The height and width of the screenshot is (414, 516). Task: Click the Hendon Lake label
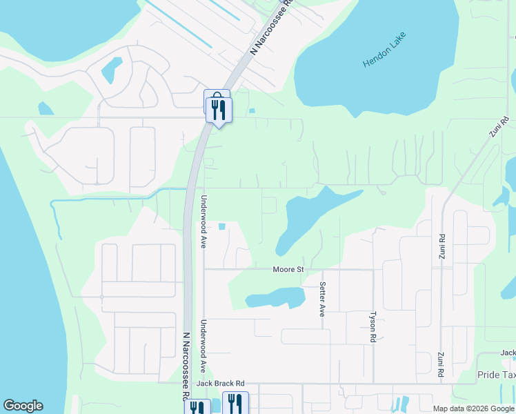pos(385,50)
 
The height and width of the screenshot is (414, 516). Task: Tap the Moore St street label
pos(288,269)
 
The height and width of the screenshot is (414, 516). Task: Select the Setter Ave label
pos(322,299)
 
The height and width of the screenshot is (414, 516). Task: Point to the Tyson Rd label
pos(373,326)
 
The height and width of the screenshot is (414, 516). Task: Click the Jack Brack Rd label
pos(221,383)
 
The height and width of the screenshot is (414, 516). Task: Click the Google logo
pos(23,406)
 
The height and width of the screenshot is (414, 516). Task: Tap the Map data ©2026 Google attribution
pos(473,408)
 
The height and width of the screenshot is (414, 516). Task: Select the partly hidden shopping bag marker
pos(214,97)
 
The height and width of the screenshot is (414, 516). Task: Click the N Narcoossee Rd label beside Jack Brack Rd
pos(186,366)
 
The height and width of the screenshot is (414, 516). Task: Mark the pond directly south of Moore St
pos(276,297)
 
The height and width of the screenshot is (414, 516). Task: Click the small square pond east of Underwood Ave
pos(221,226)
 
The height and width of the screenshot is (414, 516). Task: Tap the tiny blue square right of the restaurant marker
pos(252,110)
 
